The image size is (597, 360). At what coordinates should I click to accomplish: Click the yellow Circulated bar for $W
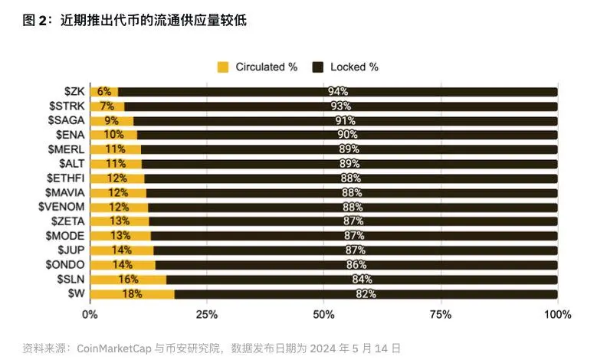(132, 294)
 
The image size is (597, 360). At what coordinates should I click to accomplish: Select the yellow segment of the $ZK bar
(103, 92)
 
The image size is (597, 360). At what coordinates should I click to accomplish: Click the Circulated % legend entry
(257, 67)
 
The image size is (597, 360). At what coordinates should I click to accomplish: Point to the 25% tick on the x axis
(207, 315)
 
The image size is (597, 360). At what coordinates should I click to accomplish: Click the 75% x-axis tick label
(441, 315)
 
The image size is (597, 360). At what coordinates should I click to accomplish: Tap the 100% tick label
(556, 315)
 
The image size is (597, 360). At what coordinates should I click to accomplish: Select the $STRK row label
(66, 106)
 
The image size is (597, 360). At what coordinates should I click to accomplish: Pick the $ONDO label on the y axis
(65, 264)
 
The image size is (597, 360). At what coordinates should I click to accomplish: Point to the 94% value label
(338, 92)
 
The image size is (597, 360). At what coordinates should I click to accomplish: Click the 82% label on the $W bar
(365, 294)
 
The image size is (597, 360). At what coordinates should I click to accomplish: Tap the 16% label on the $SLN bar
(128, 280)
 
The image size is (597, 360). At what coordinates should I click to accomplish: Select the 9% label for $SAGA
(111, 120)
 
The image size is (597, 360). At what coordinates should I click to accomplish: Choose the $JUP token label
(71, 250)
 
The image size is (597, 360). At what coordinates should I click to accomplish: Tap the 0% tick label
(90, 315)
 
